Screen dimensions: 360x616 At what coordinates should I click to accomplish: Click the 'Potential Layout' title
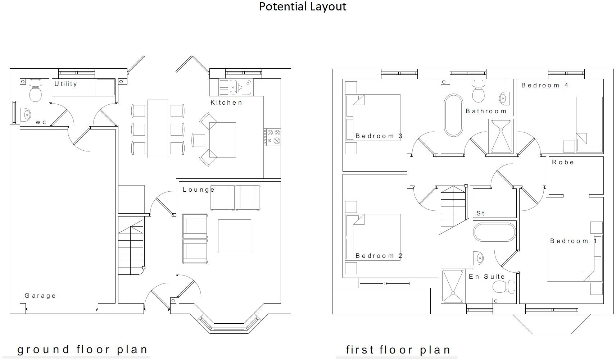pyautogui.click(x=302, y=6)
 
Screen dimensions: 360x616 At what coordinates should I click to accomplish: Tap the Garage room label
pyautogui.click(x=40, y=296)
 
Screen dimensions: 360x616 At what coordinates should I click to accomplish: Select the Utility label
pyautogui.click(x=65, y=84)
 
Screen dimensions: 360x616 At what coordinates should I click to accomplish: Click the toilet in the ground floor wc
pyautogui.click(x=35, y=91)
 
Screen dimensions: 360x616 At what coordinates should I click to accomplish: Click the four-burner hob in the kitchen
pyautogui.click(x=272, y=137)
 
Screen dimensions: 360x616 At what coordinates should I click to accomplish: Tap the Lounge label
pyautogui.click(x=198, y=190)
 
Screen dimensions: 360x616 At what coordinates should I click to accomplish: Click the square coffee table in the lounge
pyautogui.click(x=234, y=236)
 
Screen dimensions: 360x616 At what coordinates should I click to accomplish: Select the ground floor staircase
pyautogui.click(x=131, y=248)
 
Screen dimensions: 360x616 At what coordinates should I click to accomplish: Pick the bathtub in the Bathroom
pyautogui.click(x=453, y=115)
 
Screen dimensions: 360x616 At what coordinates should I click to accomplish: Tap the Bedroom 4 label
pyautogui.click(x=544, y=85)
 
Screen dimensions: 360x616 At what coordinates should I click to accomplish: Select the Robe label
pyautogui.click(x=563, y=162)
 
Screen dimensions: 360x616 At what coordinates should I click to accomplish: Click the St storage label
pyautogui.click(x=480, y=213)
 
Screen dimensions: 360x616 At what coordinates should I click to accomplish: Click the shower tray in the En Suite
pyautogui.click(x=453, y=286)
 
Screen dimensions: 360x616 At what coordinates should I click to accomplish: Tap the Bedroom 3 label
pyautogui.click(x=379, y=136)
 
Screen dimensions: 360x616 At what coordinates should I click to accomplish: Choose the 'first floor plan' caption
pyautogui.click(x=398, y=350)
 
